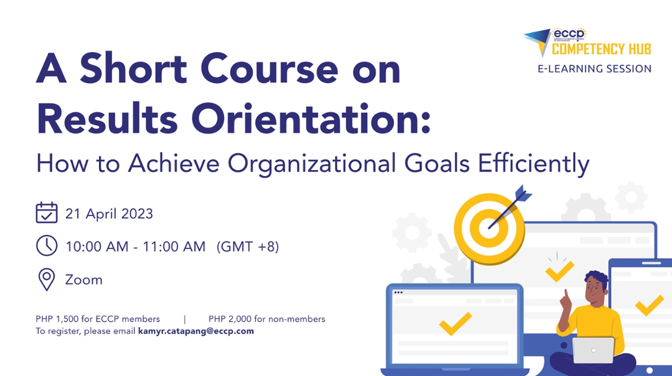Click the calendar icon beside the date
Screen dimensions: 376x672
click(x=46, y=213)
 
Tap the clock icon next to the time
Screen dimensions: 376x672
click(x=46, y=246)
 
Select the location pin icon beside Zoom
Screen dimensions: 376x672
click(x=46, y=279)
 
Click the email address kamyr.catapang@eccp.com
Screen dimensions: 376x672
click(x=196, y=331)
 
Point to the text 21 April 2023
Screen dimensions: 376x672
click(x=109, y=214)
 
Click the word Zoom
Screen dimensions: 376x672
click(x=84, y=279)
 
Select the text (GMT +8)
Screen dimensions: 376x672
click(x=248, y=246)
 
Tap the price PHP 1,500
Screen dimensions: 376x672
click(x=60, y=319)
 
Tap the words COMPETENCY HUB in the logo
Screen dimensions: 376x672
click(x=601, y=49)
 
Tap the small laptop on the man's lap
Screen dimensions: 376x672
click(x=593, y=350)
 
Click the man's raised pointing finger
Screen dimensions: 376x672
click(x=566, y=295)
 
